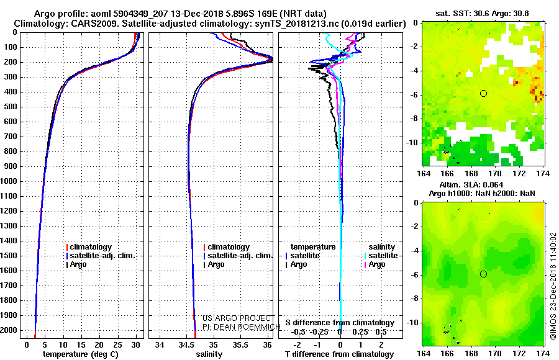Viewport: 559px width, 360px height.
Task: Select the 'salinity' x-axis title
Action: pyautogui.click(x=209, y=354)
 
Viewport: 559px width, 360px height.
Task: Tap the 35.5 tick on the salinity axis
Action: pyautogui.click(x=240, y=344)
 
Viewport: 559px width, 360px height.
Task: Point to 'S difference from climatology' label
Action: pyautogui.click(x=340, y=323)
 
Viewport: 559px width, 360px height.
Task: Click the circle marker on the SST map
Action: pyautogui.click(x=483, y=93)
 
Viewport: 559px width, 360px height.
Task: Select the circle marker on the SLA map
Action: pyautogui.click(x=483, y=274)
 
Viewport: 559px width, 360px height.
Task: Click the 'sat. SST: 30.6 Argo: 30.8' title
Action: pyautogui.click(x=483, y=12)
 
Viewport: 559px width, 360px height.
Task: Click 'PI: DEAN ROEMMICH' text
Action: pyautogui.click(x=237, y=326)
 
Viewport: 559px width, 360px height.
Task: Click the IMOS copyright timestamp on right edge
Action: pyautogui.click(x=552, y=286)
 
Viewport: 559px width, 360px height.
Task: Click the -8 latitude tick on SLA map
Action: pyautogui.click(x=414, y=299)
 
